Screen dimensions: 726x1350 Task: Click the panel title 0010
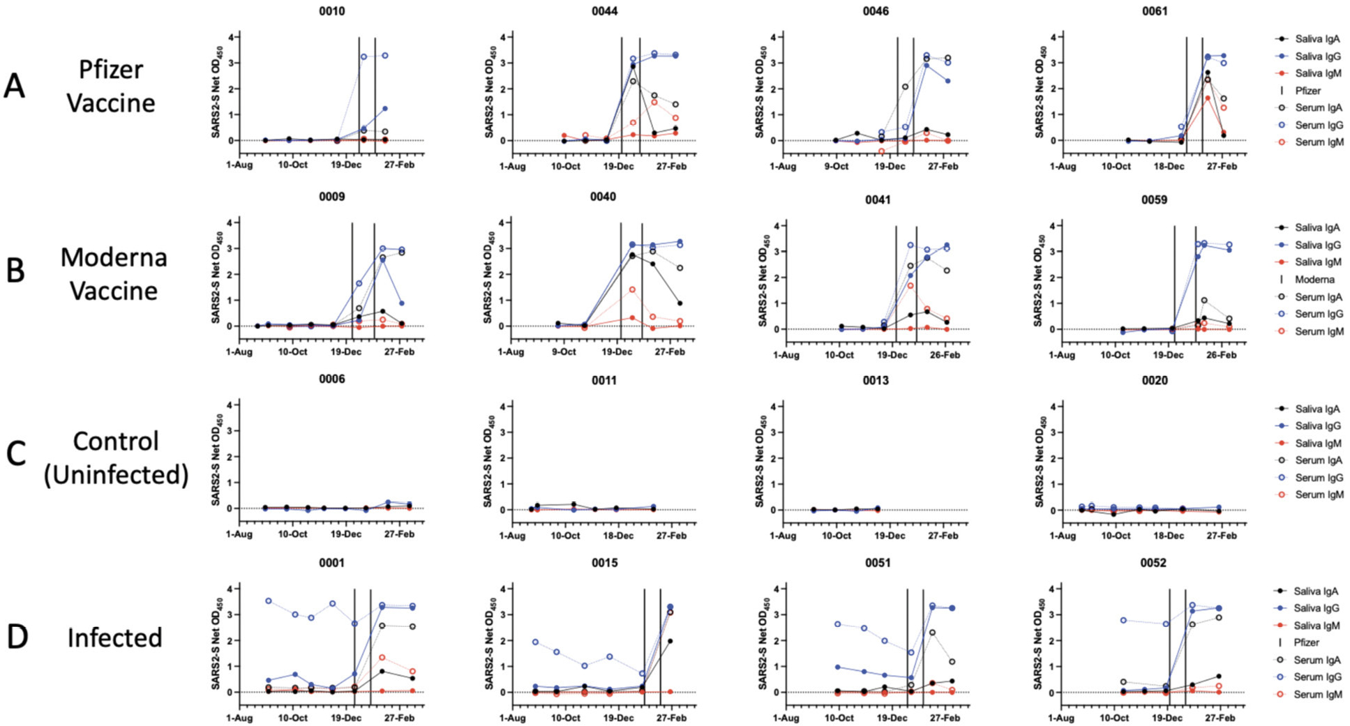pos(331,11)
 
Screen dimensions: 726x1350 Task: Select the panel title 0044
pos(604,11)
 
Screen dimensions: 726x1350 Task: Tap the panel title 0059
pos(1154,199)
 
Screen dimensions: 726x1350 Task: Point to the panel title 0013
pos(876,381)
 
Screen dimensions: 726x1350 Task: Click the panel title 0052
pos(1153,563)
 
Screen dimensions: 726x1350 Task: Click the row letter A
pos(15,87)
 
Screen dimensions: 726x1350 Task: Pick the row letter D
pos(17,637)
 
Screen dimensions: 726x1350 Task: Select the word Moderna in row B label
pos(114,257)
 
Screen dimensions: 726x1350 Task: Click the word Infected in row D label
pos(114,637)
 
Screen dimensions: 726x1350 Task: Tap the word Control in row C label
pos(116,441)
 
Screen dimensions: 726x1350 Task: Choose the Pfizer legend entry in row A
pos(1307,91)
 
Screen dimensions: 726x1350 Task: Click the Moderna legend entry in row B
pos(1314,280)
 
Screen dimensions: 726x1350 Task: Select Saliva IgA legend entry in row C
pos(1317,409)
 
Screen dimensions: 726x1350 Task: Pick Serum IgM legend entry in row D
pos(1317,695)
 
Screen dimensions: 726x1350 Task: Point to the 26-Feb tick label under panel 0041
pos(945,355)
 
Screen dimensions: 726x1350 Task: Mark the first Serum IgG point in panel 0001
pos(269,600)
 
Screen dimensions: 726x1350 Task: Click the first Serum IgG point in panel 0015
pos(536,642)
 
